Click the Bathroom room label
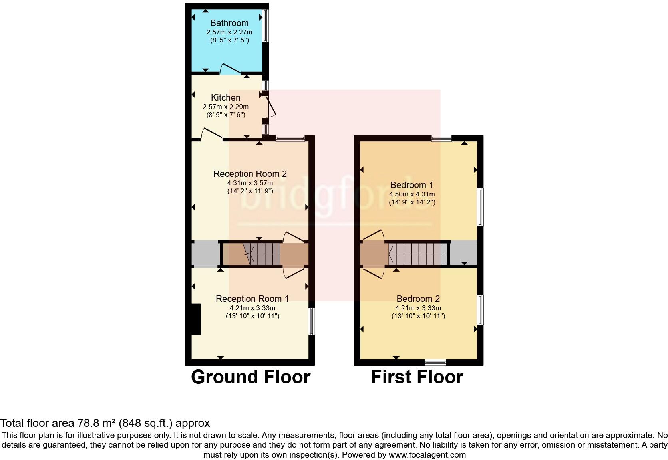click(229, 23)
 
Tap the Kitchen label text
click(225, 98)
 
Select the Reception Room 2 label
click(250, 174)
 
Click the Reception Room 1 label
click(252, 299)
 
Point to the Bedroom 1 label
click(412, 185)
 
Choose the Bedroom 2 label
click(418, 299)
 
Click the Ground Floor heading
click(250, 377)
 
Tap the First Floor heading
click(417, 377)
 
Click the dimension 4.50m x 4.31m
click(412, 194)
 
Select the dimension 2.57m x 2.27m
click(229, 32)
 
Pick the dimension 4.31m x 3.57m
click(250, 183)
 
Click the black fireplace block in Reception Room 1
click(196, 319)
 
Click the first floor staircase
click(417, 254)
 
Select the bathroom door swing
click(231, 69)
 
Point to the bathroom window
click(265, 26)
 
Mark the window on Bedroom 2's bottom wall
click(435, 362)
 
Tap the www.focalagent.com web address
click(427, 454)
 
